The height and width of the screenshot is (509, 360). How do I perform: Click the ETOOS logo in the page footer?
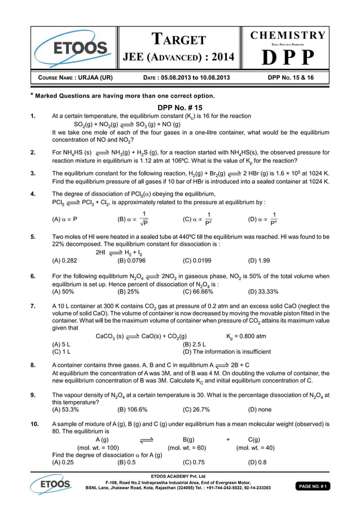(51, 484)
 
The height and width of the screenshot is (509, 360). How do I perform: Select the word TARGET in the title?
(179, 40)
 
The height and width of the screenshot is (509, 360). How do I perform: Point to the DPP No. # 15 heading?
(179, 107)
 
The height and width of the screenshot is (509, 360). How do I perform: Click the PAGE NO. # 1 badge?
(314, 485)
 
